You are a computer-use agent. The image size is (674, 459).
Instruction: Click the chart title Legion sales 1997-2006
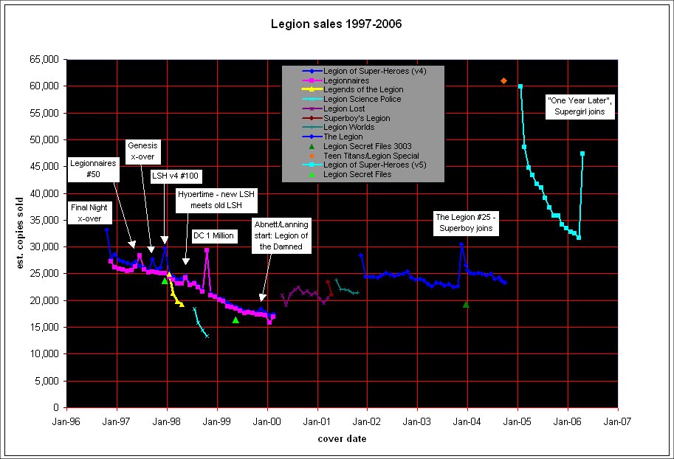click(337, 24)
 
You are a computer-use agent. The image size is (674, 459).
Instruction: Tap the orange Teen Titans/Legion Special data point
click(503, 80)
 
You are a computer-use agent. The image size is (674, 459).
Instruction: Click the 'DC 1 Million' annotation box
click(213, 235)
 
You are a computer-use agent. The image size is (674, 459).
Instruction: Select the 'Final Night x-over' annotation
click(91, 213)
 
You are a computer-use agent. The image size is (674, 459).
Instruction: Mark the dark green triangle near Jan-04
click(466, 304)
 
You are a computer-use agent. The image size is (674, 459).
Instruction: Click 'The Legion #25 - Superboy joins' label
click(468, 223)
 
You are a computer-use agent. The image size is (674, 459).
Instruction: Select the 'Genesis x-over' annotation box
click(142, 152)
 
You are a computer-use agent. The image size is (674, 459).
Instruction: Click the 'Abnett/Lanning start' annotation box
click(281, 234)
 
